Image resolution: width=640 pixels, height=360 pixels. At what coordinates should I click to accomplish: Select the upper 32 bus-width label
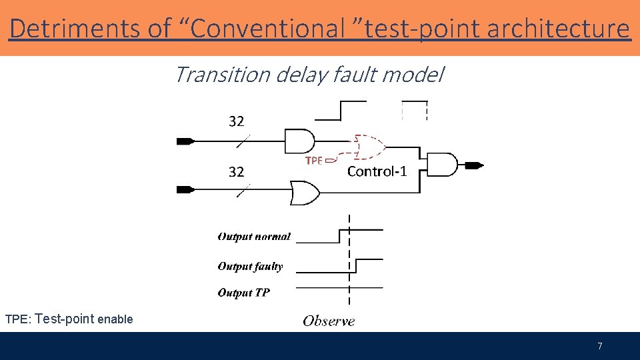click(237, 121)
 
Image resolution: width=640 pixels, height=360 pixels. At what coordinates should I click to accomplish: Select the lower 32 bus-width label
click(237, 172)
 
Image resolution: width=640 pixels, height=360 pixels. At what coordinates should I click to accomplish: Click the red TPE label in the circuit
click(314, 161)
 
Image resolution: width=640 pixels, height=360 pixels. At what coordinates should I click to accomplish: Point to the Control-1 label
click(377, 172)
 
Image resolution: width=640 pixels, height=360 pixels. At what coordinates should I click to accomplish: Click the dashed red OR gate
click(369, 147)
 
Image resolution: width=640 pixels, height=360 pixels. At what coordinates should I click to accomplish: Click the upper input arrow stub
click(185, 141)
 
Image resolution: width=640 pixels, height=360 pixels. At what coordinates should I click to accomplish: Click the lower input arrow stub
click(185, 190)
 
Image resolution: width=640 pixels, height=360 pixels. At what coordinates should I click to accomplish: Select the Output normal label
click(254, 237)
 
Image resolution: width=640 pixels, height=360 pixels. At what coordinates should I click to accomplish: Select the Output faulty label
click(250, 267)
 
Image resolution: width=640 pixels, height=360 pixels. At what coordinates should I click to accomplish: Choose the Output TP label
click(244, 293)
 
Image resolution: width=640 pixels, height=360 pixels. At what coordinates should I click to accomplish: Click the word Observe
click(329, 321)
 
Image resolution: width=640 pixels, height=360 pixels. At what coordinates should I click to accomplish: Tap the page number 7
click(600, 346)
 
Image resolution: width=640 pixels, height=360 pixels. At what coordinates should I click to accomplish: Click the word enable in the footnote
click(115, 319)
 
